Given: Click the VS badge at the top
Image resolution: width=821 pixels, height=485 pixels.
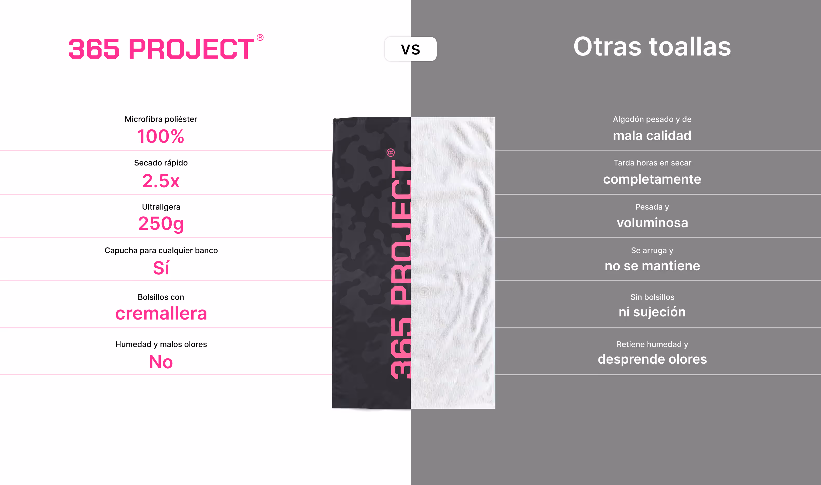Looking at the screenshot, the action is [x=410, y=49].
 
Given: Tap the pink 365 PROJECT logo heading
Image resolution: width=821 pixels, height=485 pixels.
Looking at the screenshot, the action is [x=161, y=48].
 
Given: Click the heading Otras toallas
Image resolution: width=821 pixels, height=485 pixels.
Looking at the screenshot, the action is [x=652, y=47].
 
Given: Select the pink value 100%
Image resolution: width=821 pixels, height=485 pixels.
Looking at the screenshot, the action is [x=161, y=136].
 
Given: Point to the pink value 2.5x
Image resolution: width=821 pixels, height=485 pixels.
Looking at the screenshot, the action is [x=161, y=181].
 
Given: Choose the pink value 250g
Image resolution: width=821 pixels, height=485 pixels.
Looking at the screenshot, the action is [x=161, y=224].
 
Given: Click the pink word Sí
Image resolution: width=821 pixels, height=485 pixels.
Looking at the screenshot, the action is [x=161, y=268].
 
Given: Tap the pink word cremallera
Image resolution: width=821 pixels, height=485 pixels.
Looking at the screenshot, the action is [x=161, y=313].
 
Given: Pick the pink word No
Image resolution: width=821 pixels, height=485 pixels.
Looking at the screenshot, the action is [x=161, y=362].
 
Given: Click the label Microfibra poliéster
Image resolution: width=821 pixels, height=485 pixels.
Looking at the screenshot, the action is [x=161, y=119].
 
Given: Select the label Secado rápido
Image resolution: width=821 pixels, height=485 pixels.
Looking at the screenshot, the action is [x=161, y=163].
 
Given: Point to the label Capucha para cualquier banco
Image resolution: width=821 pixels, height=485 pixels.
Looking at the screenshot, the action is [x=161, y=250].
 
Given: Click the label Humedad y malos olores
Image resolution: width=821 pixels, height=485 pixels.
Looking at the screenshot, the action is [x=161, y=344].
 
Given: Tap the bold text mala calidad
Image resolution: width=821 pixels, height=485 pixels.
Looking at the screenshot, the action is [x=652, y=136].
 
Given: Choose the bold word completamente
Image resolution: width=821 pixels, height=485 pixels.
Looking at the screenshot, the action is [x=652, y=179].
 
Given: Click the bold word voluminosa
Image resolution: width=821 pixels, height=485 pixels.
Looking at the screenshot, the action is [x=652, y=223].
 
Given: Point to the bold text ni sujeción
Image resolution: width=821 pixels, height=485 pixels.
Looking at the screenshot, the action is [x=652, y=312].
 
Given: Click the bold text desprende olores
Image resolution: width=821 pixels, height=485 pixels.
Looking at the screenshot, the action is [x=652, y=359].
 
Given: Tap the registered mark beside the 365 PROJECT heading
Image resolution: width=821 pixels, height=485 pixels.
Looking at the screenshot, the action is [x=260, y=38].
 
